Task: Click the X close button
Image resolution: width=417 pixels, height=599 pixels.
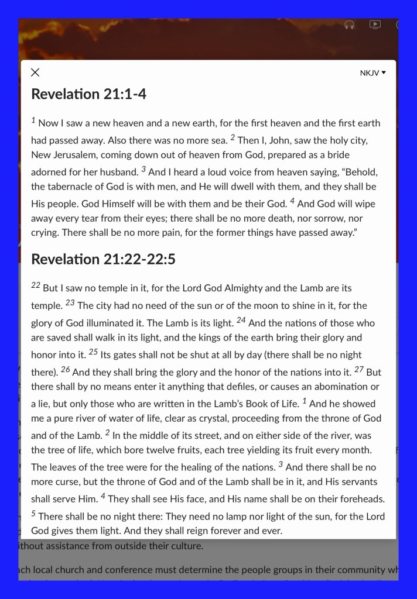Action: pyautogui.click(x=35, y=73)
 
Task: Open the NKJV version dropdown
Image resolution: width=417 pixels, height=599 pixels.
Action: pyautogui.click(x=373, y=73)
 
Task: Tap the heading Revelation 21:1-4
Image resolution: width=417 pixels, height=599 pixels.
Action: pyautogui.click(x=88, y=94)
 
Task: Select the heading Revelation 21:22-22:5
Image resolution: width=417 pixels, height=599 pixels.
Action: pyautogui.click(x=103, y=259)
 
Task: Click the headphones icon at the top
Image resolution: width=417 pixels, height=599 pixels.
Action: pyautogui.click(x=349, y=25)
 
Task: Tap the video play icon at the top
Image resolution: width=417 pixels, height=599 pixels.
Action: pyautogui.click(x=375, y=25)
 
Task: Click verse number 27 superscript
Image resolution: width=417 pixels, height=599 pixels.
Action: pyautogui.click(x=358, y=370)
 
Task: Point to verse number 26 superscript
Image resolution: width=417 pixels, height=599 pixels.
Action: pyautogui.click(x=66, y=370)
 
